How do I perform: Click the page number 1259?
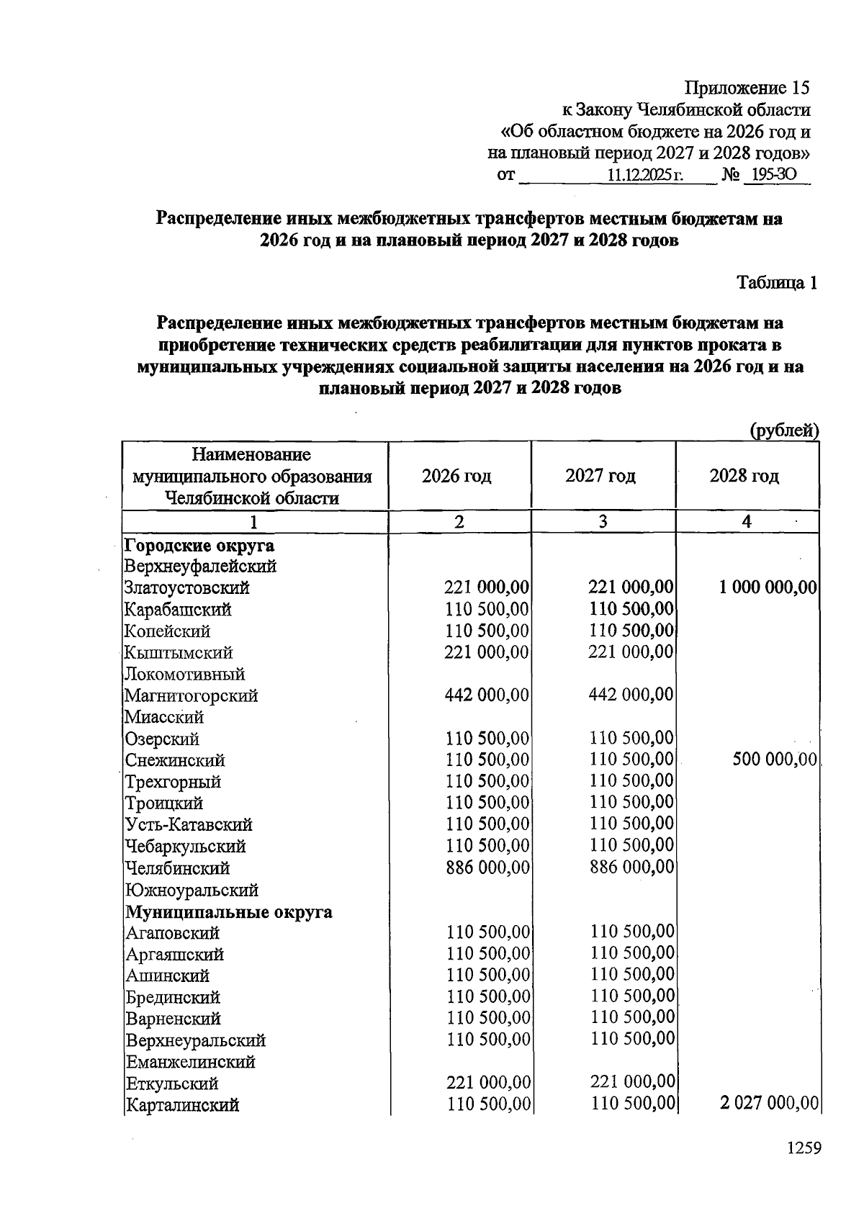[804, 1148]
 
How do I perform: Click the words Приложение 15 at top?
[747, 88]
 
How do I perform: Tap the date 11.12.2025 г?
[644, 175]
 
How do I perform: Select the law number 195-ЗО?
[775, 175]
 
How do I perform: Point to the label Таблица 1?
[777, 283]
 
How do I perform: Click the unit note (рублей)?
[785, 431]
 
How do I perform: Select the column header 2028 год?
[744, 476]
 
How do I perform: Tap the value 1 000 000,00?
[768, 588]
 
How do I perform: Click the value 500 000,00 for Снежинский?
[775, 760]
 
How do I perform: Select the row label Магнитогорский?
[191, 696]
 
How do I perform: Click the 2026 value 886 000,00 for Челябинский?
[487, 868]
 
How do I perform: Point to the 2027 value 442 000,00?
[631, 695]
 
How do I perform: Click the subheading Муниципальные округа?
[229, 912]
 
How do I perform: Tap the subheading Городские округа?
[199, 545]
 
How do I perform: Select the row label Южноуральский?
[192, 891]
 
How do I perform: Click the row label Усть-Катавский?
[189, 824]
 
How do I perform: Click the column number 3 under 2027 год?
[603, 522]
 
